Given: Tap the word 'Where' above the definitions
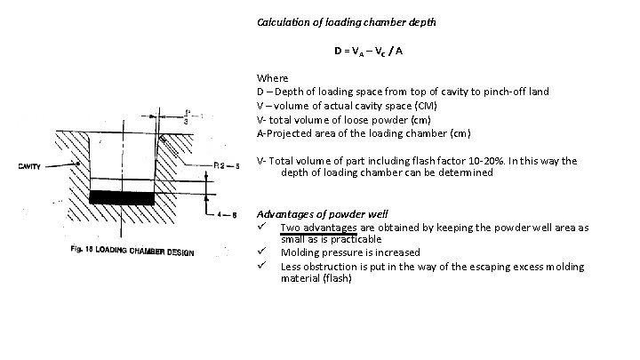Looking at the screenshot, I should tap(272, 78).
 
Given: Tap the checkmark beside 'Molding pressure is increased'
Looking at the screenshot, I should tap(263, 252).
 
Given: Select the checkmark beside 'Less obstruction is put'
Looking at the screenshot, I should tap(263, 265).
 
